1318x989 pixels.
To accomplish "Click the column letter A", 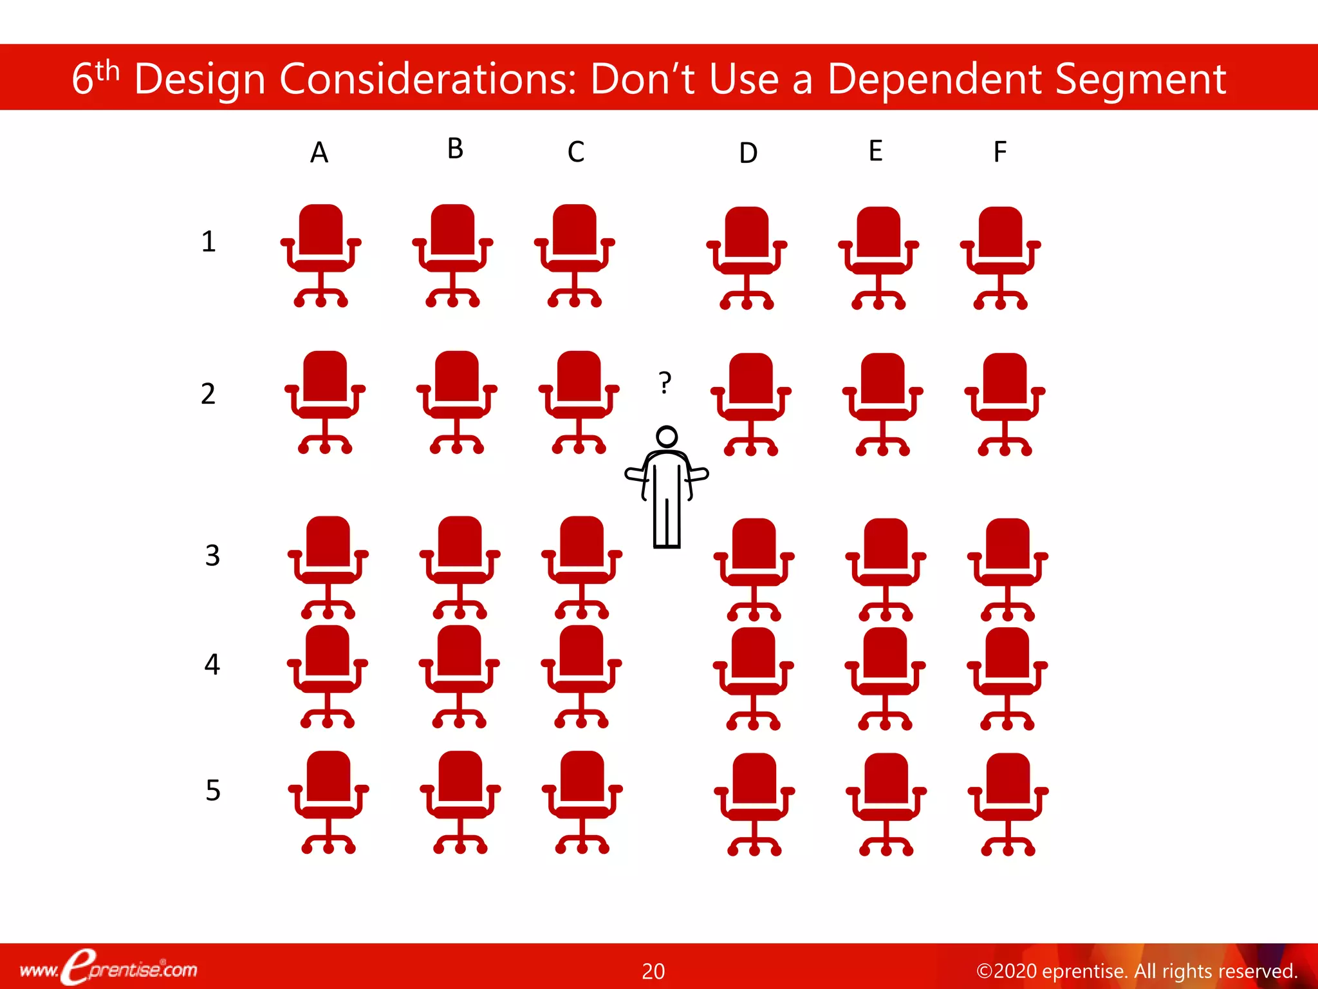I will click(x=319, y=153).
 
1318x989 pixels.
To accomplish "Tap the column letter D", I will click(x=748, y=153).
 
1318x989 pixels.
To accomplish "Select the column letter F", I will click(x=999, y=152).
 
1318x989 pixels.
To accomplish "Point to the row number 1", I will click(x=208, y=241).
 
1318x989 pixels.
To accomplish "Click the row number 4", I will click(x=212, y=664).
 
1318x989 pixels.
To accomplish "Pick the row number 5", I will click(x=213, y=790).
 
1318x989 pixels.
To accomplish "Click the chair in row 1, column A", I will click(x=320, y=255).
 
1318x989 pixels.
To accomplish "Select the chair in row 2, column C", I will click(x=579, y=401).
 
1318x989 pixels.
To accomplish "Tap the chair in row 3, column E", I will click(x=885, y=569).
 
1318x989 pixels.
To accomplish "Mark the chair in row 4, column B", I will click(x=459, y=675).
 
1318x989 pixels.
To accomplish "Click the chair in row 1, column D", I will click(x=747, y=257).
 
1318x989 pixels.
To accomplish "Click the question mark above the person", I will click(x=665, y=382).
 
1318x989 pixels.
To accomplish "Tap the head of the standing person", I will click(x=667, y=437).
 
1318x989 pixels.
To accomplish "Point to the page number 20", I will click(x=653, y=971).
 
